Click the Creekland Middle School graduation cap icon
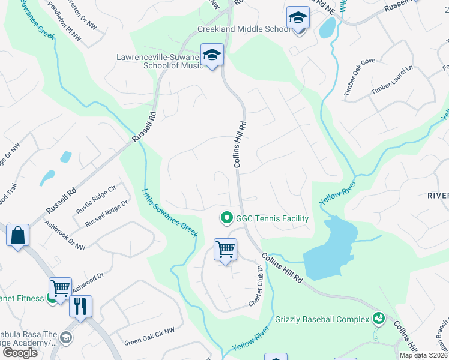click(x=298, y=18)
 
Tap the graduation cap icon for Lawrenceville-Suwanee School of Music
click(x=212, y=55)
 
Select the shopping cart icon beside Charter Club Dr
click(x=225, y=249)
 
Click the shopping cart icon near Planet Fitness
click(x=60, y=288)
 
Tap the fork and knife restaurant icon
click(x=80, y=306)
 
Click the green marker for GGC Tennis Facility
click(x=227, y=218)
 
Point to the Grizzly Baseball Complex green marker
click(x=378, y=317)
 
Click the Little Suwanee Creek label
click(x=170, y=212)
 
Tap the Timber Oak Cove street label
click(x=359, y=77)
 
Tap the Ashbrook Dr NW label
click(x=65, y=235)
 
